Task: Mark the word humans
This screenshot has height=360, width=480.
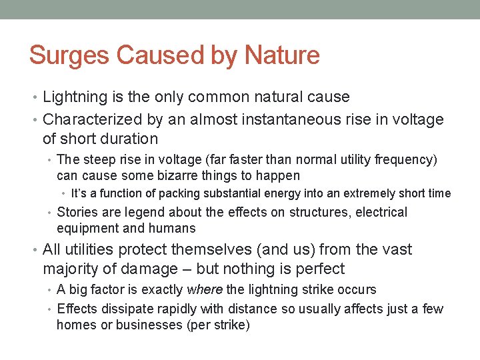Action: (x=175, y=229)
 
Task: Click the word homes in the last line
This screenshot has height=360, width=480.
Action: (x=73, y=325)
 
